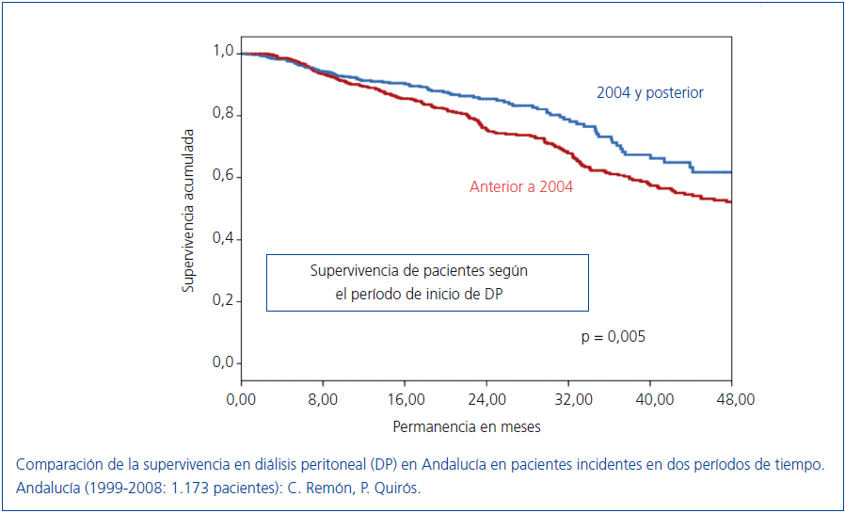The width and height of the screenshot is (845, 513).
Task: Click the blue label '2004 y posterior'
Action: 649,92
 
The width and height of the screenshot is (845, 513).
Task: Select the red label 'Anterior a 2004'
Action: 521,186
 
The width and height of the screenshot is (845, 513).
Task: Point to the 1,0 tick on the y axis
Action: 223,52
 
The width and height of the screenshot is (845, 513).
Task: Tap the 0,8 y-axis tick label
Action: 223,115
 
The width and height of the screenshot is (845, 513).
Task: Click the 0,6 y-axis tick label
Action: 223,177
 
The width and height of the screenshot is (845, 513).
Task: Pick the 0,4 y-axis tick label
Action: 223,239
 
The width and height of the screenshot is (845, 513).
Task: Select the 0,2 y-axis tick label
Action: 223,301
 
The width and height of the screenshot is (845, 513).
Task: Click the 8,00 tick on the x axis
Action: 323,399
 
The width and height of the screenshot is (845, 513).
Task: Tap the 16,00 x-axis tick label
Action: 405,399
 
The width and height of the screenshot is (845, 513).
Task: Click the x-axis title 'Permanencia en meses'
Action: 467,426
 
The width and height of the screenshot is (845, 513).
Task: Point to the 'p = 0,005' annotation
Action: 613,336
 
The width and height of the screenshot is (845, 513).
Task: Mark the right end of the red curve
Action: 730,201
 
